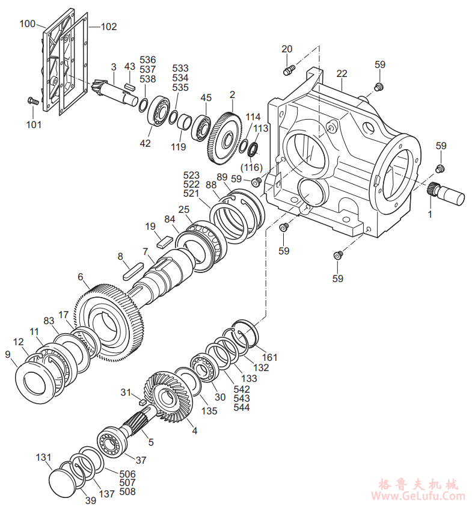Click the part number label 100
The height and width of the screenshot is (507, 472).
tap(28, 23)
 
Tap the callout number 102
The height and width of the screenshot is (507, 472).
tap(109, 26)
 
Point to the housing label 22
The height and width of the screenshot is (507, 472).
tap(342, 73)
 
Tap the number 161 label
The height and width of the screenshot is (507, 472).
tap(270, 357)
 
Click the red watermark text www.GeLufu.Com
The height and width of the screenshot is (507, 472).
tap(418, 496)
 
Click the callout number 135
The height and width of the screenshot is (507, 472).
tap(209, 411)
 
